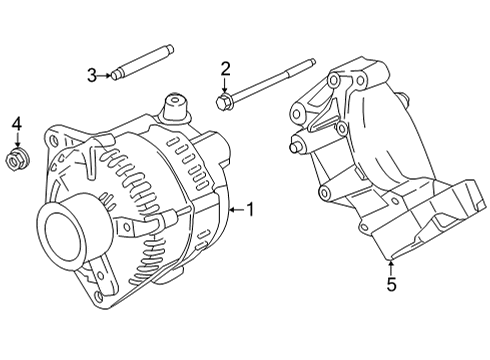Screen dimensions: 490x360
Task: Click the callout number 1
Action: (x=250, y=210)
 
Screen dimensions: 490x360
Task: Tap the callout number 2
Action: (x=225, y=69)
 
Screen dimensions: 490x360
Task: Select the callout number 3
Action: (x=92, y=76)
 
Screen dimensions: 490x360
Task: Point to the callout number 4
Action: (x=17, y=124)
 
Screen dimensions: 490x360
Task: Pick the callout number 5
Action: (x=391, y=284)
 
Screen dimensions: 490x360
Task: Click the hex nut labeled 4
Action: (x=17, y=159)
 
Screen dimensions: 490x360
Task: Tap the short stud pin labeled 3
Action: (x=143, y=62)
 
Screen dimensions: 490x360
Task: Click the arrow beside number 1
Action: (x=237, y=210)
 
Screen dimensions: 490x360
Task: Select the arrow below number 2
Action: (x=225, y=85)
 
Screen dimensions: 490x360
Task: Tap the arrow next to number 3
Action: (x=104, y=76)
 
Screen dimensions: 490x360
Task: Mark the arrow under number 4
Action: (x=17, y=140)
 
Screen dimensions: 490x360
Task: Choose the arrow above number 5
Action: (x=391, y=268)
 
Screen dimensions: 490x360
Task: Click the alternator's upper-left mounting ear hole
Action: (x=53, y=141)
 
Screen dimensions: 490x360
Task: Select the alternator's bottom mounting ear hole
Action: (x=98, y=296)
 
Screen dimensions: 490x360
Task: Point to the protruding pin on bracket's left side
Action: (x=293, y=148)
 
